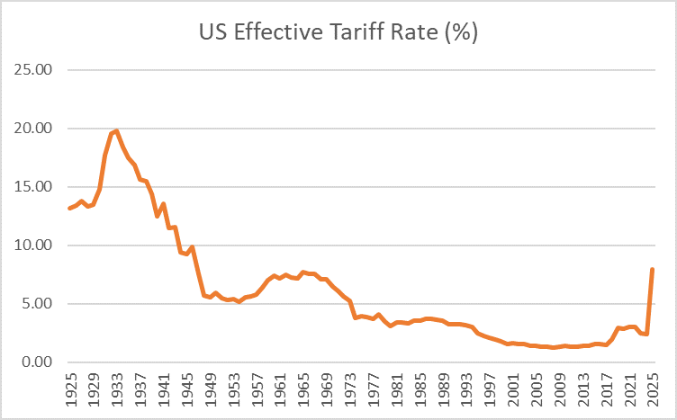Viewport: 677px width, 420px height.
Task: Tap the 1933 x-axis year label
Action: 117,389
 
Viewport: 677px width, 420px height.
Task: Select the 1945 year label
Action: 187,389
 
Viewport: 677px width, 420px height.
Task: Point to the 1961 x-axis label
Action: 280,389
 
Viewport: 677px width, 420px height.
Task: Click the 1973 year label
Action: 350,389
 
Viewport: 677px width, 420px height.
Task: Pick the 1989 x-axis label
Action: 443,389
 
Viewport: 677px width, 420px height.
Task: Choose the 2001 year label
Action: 512,389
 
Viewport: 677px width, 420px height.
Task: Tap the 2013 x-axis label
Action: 582,389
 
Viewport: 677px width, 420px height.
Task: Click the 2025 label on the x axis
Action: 652,389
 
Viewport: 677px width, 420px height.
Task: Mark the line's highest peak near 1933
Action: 117,131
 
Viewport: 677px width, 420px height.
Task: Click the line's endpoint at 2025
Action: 652,269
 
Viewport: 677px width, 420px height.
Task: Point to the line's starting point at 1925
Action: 70,209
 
